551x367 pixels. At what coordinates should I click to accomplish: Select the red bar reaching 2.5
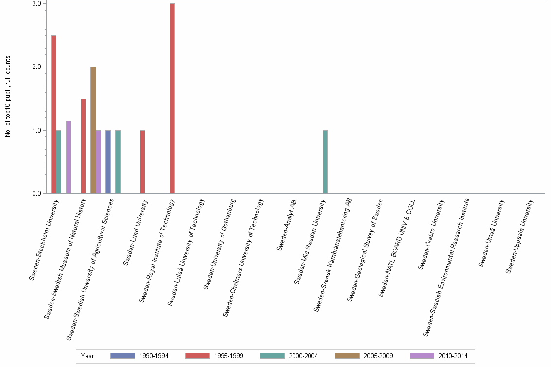click(53, 115)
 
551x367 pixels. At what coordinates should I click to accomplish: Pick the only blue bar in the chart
click(108, 162)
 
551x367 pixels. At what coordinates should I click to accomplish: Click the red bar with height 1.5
click(83, 146)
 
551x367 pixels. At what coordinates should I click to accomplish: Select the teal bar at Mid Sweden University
click(325, 162)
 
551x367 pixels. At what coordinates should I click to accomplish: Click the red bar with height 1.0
click(142, 162)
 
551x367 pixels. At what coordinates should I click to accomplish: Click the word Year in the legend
click(88, 356)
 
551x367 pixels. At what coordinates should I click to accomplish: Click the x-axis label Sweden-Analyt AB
click(287, 225)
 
